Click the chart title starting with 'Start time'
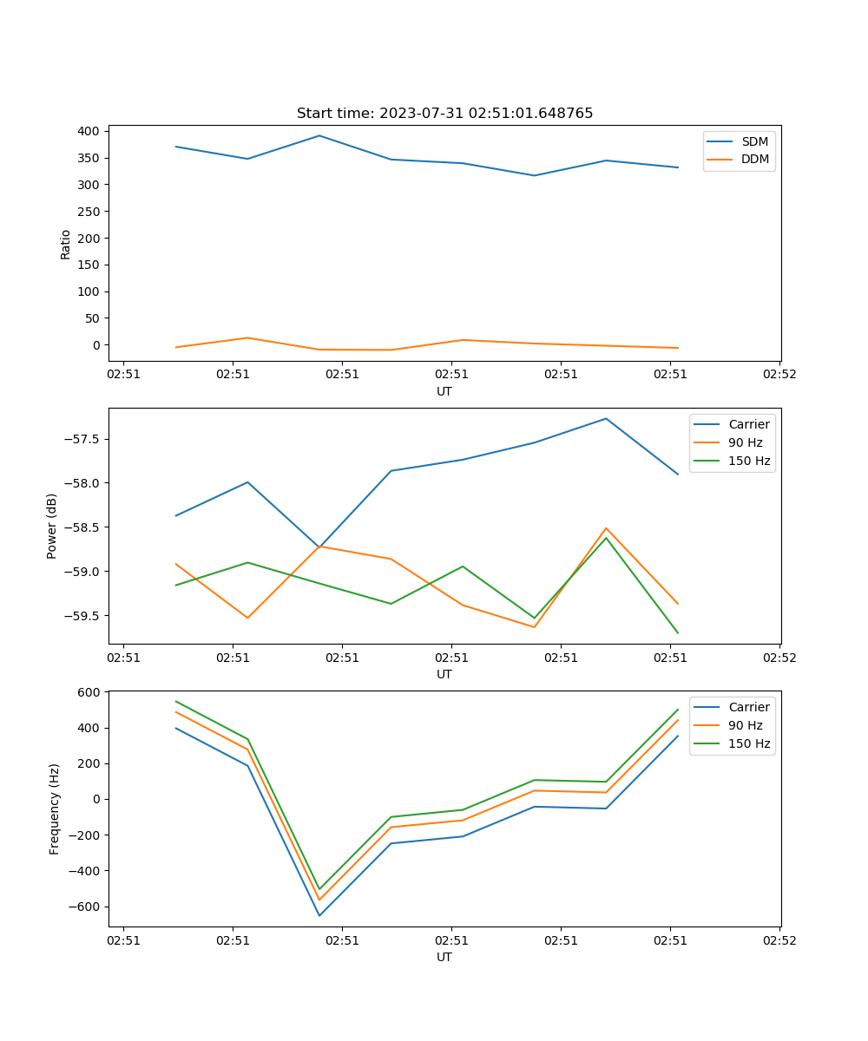444,114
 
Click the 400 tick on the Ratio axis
89,131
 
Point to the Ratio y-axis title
66,244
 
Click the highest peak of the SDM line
319,135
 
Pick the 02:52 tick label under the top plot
779,375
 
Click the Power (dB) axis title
52,526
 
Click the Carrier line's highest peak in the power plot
606,418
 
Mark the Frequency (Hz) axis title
55,809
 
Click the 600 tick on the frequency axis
89,692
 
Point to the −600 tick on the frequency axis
85,907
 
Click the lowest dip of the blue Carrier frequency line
319,915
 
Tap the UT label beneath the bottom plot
444,957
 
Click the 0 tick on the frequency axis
97,799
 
